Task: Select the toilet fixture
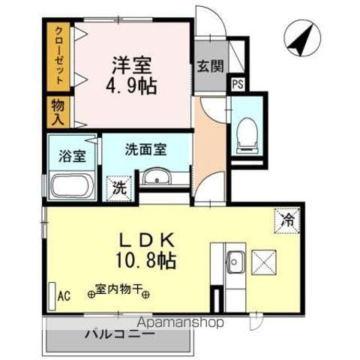246,134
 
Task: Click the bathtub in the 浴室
71,186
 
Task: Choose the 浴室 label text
72,157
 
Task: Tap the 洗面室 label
145,149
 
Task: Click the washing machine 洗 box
119,187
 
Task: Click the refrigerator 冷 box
287,220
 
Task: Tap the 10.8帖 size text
149,262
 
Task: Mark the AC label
65,295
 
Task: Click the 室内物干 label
120,288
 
